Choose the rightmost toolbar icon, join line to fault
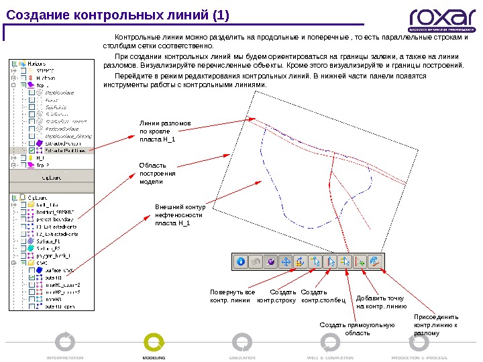coord(375,262)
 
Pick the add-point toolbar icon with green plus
coord(361,262)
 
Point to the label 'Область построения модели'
coord(158,173)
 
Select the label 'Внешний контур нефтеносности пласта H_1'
coord(178,215)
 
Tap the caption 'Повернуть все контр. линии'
coord(232,296)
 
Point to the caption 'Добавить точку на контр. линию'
coord(381,302)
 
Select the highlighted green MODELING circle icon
coord(154,341)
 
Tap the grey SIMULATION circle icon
coord(242,341)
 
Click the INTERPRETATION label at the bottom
coord(65,358)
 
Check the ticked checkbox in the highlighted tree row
coord(32,152)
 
